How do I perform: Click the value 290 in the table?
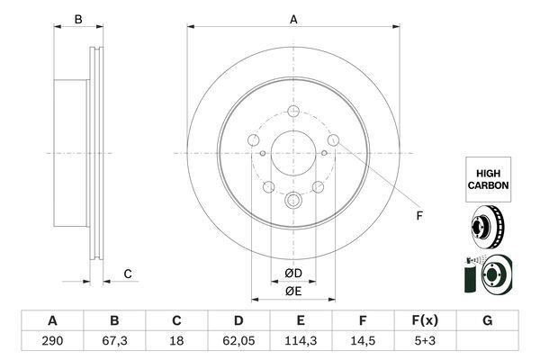[52, 341]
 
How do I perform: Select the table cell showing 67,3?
[114, 341]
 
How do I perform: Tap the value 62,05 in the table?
[238, 341]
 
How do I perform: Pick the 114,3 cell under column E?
[301, 341]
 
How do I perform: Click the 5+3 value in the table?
[425, 341]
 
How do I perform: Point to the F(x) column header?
[425, 320]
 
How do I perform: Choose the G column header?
[487, 320]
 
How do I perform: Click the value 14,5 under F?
[363, 341]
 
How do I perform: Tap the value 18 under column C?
[176, 341]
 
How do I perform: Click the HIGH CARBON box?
[489, 179]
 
